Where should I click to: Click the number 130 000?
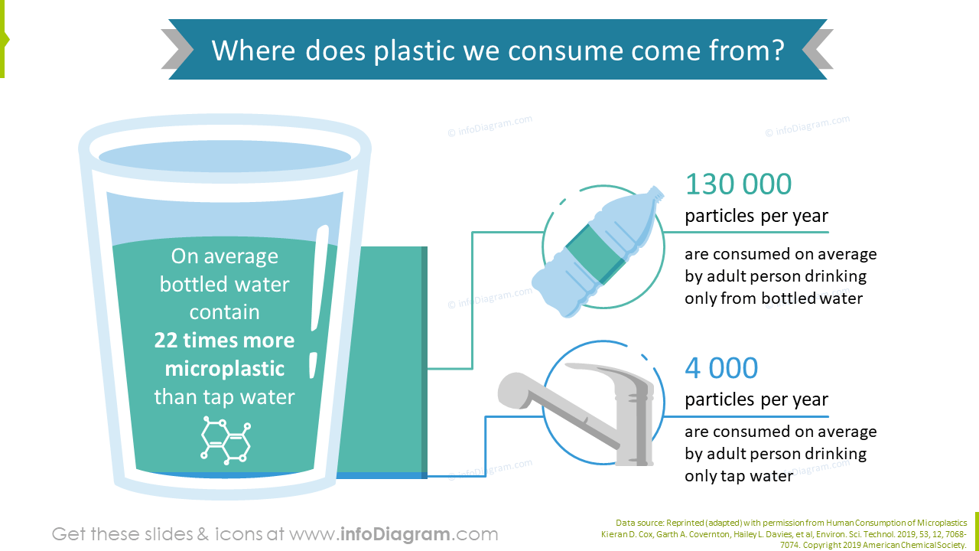coord(738,184)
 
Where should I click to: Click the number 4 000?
coord(721,368)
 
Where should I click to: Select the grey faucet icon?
coord(581,413)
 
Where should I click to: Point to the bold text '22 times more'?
coord(224,341)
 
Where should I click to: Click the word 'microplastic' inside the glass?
coord(224,369)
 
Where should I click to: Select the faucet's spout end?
coord(512,390)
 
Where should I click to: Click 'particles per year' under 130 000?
coord(756,217)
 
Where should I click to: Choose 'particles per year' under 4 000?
coord(756,399)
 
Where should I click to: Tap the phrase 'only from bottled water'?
coord(773,298)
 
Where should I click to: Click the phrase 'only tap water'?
coord(738,476)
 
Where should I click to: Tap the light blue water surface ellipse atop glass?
coord(225,158)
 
